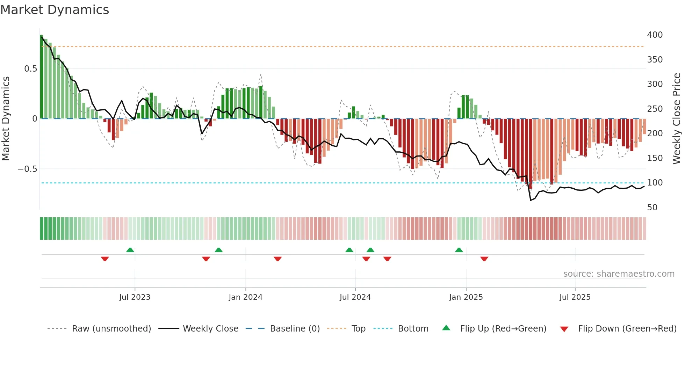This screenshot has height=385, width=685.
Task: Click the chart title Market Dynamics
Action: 55,10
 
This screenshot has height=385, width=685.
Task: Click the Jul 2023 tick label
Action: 135,297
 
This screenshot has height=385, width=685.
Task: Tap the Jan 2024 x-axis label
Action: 245,297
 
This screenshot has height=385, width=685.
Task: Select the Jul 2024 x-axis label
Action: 355,297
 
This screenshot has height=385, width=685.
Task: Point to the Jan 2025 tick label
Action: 466,297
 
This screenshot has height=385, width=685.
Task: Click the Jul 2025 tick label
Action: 575,297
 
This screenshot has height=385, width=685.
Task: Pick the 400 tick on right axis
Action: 655,35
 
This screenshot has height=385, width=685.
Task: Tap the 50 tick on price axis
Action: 652,208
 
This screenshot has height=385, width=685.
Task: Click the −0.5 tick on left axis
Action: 28,169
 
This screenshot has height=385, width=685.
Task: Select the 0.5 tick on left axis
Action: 31,69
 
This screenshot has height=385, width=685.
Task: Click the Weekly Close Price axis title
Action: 677,119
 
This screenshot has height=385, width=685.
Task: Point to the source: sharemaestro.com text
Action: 619,274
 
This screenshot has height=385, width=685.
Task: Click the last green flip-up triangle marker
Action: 459,250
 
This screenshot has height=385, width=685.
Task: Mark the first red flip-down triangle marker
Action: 105,259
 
